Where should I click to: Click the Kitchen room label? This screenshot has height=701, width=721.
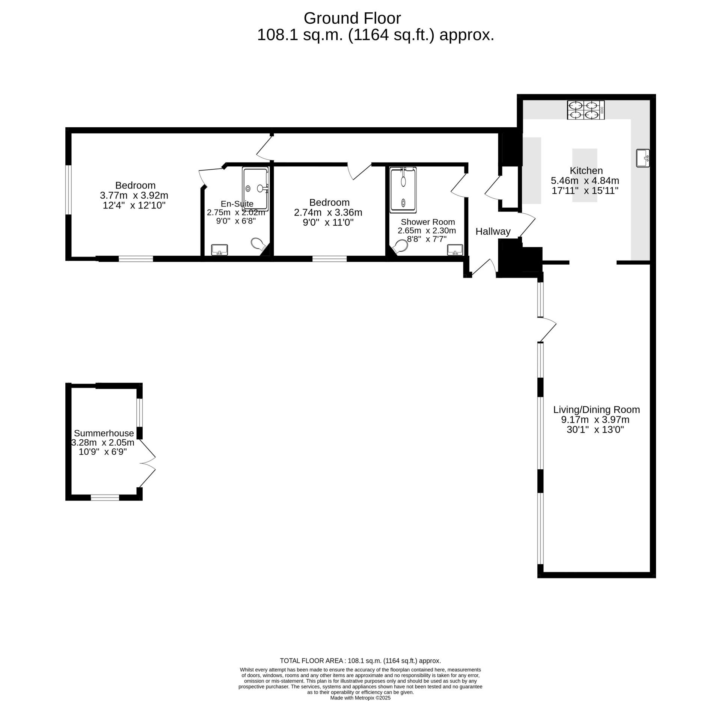[586, 170]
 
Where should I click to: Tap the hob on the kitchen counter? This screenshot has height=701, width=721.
[586, 110]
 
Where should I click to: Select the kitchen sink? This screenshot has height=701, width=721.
[643, 158]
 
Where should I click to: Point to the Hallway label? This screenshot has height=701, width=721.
[493, 232]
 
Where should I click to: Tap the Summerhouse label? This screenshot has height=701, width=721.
[104, 433]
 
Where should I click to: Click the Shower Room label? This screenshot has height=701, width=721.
[428, 222]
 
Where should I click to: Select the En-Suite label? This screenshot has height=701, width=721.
[237, 204]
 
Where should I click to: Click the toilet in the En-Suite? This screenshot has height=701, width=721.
[258, 244]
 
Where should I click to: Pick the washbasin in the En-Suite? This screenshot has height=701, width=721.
[219, 250]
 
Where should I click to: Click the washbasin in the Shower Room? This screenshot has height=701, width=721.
[455, 250]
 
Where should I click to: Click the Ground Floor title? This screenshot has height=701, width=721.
[352, 18]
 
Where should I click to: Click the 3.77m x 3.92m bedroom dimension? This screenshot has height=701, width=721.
[134, 196]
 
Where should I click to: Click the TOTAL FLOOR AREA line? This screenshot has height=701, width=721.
[360, 661]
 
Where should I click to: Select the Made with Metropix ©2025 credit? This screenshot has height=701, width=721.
[360, 698]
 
